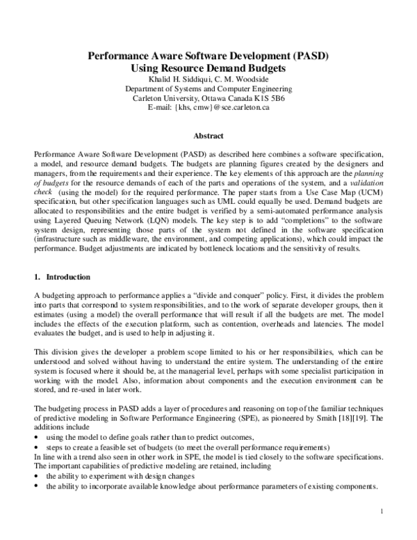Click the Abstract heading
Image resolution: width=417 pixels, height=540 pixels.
click(208, 137)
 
